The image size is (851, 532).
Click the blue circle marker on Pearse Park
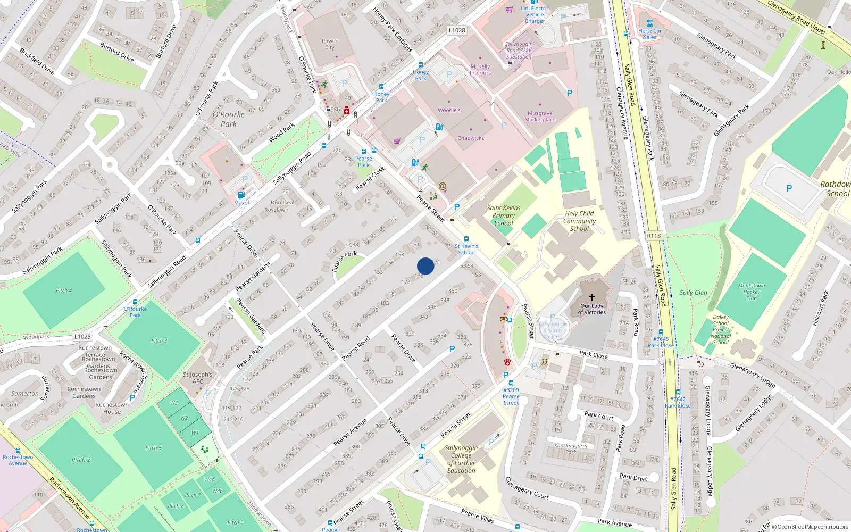(x=425, y=266)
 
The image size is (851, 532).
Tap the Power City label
(x=329, y=44)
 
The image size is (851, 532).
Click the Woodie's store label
(x=449, y=110)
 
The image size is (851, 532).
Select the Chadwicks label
(x=471, y=138)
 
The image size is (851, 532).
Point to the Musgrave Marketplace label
(x=540, y=117)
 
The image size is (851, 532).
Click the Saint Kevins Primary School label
(x=504, y=215)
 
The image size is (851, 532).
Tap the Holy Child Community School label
(x=579, y=221)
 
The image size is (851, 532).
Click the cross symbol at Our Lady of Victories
(x=591, y=297)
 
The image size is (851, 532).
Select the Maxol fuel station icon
(x=241, y=195)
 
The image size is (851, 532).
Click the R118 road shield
(x=654, y=236)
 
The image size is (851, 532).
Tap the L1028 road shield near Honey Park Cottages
(x=456, y=30)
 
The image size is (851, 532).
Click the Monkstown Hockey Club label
(x=751, y=292)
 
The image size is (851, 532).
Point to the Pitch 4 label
(x=64, y=290)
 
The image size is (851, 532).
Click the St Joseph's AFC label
(x=197, y=378)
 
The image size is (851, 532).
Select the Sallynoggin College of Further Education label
(x=461, y=459)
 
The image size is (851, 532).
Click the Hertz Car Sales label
(x=649, y=34)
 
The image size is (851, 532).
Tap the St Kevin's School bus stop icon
(x=466, y=239)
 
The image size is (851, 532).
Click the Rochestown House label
(x=112, y=408)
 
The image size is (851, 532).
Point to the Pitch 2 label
(x=81, y=460)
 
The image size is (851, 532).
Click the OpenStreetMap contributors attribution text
(x=810, y=527)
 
